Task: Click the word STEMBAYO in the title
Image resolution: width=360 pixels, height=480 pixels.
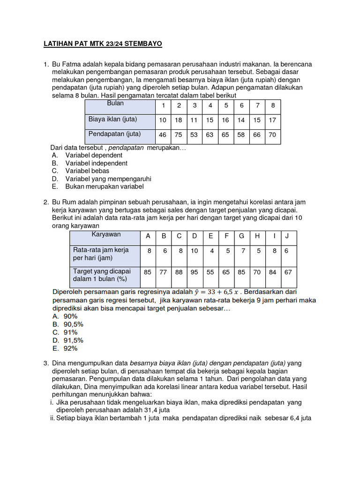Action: tap(139, 45)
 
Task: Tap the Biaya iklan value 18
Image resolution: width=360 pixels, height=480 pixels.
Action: tap(179, 120)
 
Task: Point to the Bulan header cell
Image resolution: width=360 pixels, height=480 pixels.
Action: tap(115, 103)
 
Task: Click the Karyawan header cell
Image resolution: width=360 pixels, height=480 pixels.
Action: tap(106, 234)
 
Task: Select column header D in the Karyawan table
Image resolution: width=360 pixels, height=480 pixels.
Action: tap(195, 236)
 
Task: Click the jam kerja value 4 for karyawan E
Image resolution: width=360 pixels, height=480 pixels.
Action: tap(211, 251)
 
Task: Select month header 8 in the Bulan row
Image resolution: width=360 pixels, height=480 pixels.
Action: tap(273, 105)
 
